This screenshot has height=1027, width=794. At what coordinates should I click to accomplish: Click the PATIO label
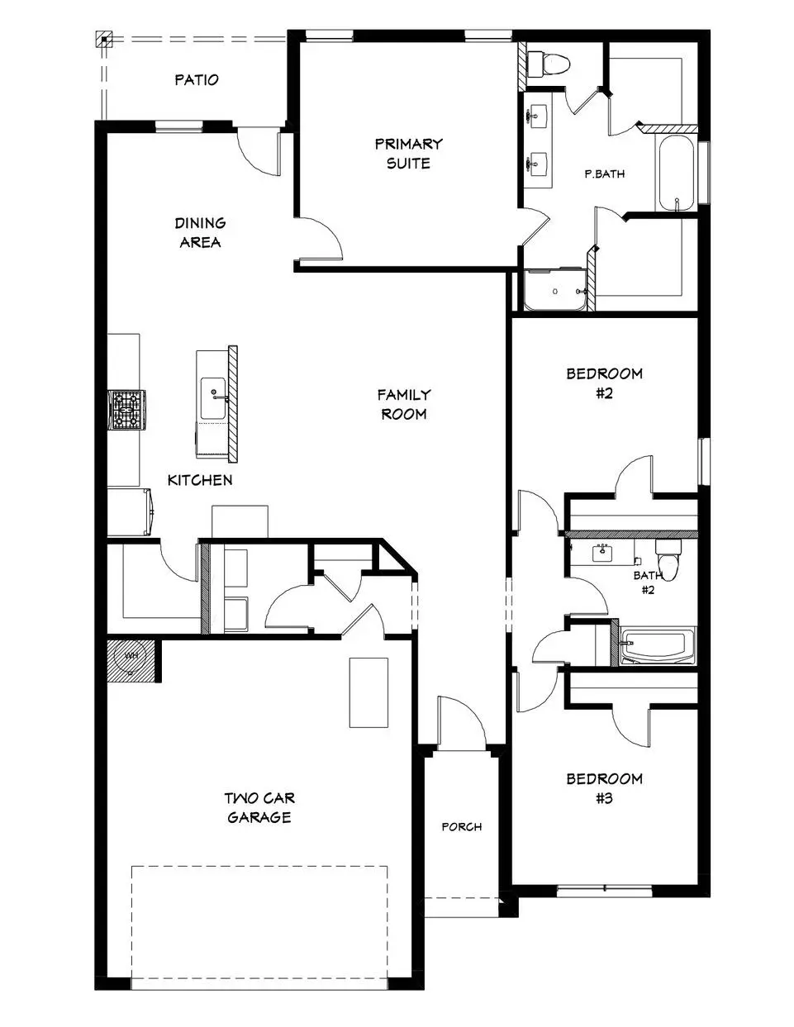(x=197, y=80)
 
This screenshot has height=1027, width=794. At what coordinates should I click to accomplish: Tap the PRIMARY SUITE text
(x=408, y=154)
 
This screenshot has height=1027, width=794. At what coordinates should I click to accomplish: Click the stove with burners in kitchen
(x=128, y=409)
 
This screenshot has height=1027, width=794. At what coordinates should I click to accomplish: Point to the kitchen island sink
(x=213, y=393)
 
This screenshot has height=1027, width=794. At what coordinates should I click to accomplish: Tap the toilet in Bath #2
(x=669, y=559)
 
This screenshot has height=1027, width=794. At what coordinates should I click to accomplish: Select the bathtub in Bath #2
(x=658, y=646)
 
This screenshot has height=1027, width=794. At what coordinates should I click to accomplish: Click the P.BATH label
(x=604, y=174)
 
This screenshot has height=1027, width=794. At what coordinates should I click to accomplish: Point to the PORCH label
(x=461, y=826)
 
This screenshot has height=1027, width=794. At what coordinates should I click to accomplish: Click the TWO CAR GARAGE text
(x=259, y=808)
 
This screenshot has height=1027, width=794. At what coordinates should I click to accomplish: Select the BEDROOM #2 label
(x=604, y=383)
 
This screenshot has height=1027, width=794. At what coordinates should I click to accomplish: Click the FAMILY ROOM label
(x=404, y=405)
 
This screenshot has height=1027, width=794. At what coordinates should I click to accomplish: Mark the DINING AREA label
(x=200, y=232)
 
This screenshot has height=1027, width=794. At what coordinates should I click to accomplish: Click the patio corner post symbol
(x=103, y=38)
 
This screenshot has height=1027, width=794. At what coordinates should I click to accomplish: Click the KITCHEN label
(x=200, y=480)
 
